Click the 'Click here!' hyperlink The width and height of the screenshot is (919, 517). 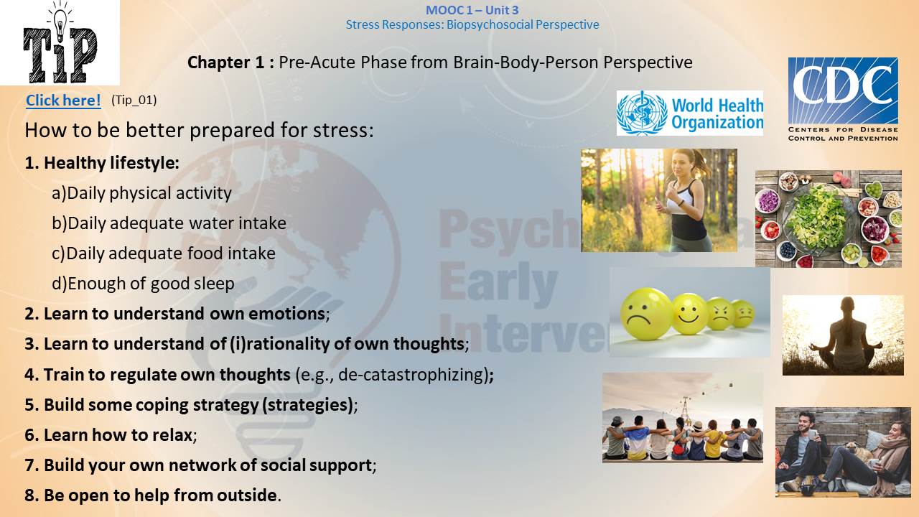point(63,100)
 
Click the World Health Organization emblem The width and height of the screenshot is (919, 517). point(642,113)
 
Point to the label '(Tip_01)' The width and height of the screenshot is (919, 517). point(134,100)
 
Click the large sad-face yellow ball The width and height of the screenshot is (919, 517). point(645,314)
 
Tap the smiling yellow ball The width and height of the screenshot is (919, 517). point(689,314)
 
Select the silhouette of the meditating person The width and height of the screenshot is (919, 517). point(845,335)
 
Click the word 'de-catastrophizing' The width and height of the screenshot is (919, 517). point(412,375)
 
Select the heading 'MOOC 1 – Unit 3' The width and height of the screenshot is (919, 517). point(472,10)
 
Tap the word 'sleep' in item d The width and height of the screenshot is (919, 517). point(214,284)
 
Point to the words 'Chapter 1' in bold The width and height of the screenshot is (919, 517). point(225,62)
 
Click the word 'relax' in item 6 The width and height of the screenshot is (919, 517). point(172,435)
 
